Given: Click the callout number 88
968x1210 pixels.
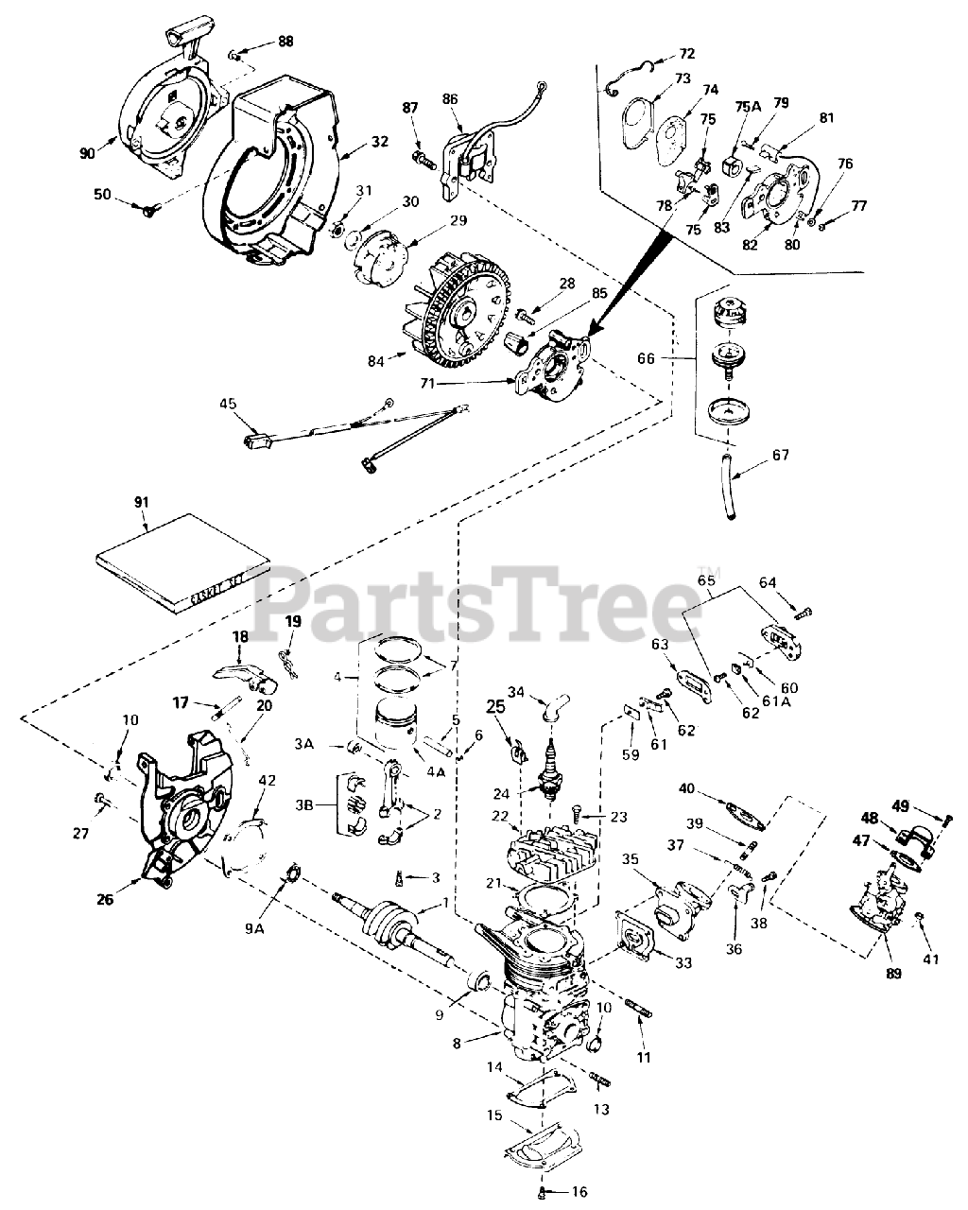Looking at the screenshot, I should click(285, 41).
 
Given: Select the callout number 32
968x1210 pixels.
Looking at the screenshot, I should click(379, 143).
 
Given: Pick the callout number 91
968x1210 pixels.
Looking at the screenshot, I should click(142, 502).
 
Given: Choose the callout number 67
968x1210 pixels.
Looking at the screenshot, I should click(781, 456).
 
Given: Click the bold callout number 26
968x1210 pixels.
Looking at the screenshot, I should click(104, 899).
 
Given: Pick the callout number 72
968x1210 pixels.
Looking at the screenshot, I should click(686, 53).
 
